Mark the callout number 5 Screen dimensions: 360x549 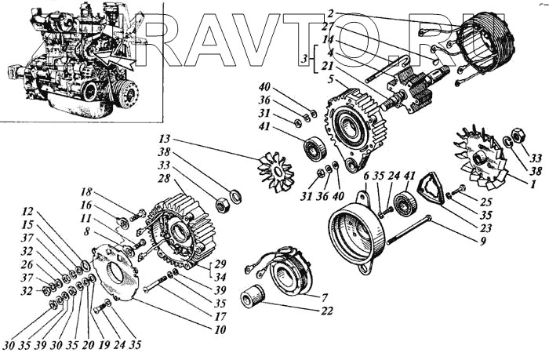click(331, 79)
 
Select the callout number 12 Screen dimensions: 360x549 click(29, 211)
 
